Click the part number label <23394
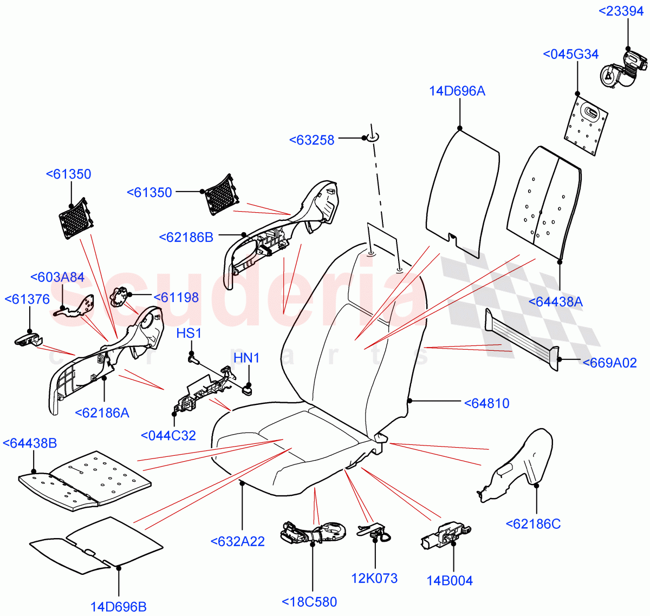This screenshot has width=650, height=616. click(x=621, y=11)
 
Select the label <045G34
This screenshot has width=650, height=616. click(x=570, y=54)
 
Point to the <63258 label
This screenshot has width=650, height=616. click(x=312, y=140)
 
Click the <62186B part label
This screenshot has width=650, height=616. click(x=186, y=237)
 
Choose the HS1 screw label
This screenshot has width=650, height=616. click(x=188, y=333)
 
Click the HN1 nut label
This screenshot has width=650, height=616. click(x=246, y=358)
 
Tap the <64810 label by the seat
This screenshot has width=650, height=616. click(x=486, y=403)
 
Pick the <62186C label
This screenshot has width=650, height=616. click(x=533, y=524)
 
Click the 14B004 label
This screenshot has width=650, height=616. click(x=450, y=581)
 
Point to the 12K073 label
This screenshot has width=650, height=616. click(x=374, y=578)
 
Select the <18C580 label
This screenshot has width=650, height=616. click(x=309, y=602)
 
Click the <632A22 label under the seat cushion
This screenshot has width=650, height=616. click(x=237, y=541)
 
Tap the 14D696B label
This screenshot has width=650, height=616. click(x=118, y=607)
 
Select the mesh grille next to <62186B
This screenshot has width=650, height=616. click(x=220, y=195)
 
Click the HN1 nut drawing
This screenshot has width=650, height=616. click(x=248, y=389)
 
